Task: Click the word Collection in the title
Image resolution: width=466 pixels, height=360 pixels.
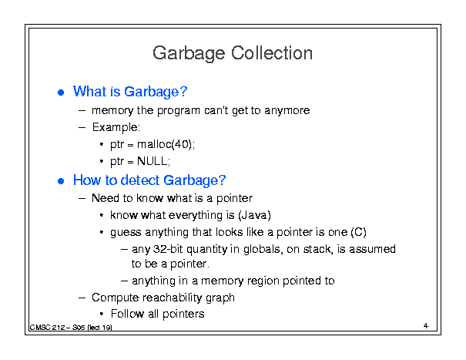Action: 272,53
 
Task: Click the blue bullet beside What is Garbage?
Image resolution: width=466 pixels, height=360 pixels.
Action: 61,93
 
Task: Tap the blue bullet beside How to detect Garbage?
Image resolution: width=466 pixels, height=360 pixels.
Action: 61,181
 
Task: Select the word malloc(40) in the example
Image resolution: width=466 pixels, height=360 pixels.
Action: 165,145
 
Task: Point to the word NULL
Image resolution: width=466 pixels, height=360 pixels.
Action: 153,161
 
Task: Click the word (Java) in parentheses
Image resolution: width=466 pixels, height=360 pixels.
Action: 254,215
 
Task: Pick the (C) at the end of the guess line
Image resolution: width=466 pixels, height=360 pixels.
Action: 358,232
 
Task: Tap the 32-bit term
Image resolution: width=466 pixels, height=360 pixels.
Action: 168,249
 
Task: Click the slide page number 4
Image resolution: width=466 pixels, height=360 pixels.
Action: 426,326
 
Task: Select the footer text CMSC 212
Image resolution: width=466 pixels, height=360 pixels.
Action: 47,328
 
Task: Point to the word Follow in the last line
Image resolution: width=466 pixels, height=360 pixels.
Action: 127,314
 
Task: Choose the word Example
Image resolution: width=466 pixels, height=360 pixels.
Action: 115,127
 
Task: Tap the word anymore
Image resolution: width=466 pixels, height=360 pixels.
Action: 287,111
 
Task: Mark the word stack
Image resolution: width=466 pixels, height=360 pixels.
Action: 317,249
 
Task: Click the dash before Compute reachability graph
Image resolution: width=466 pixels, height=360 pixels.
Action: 82,298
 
